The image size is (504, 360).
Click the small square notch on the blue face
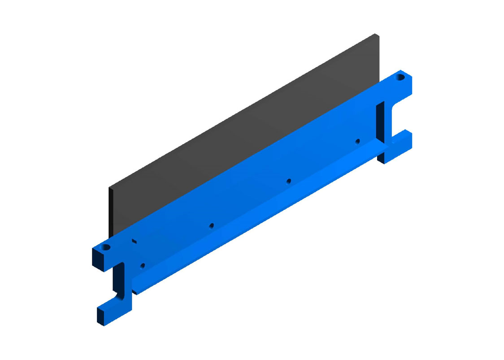[134, 241]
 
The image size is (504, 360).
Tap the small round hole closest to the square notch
[143, 265]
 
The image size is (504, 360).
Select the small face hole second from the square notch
[212, 225]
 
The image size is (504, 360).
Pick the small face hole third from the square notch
[289, 181]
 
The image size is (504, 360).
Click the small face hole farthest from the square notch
[357, 142]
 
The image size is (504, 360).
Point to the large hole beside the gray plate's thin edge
[106, 247]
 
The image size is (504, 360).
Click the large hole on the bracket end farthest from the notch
[400, 78]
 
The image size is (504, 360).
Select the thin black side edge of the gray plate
[110, 211]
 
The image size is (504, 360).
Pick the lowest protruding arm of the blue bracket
[115, 309]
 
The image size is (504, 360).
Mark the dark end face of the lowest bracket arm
[100, 316]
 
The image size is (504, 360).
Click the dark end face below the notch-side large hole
[97, 260]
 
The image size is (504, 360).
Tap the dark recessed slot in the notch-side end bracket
[118, 278]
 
